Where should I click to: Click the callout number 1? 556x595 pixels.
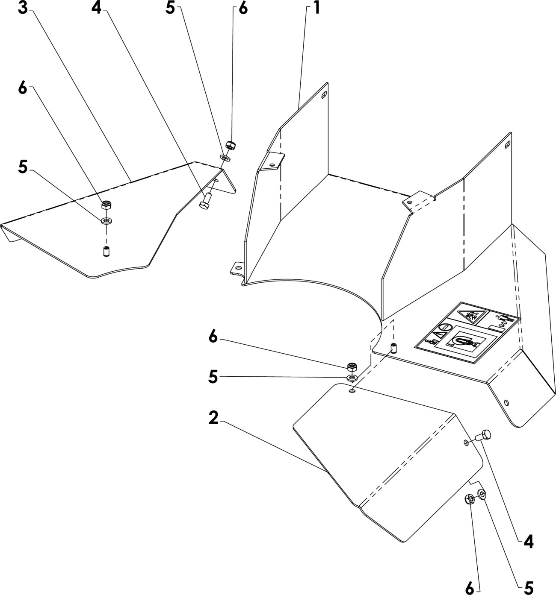point(316,8)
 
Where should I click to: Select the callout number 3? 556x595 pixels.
point(23,8)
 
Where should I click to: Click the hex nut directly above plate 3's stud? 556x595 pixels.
point(105,205)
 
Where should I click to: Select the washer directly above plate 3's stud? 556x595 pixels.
point(105,221)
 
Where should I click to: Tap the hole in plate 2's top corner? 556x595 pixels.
point(352,391)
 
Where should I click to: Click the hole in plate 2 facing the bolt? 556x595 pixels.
point(466,443)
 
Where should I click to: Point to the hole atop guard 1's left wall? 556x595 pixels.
point(324,95)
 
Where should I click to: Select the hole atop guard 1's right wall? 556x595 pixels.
point(507,144)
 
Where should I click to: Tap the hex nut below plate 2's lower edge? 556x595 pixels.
point(469,498)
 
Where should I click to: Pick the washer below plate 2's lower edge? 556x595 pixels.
point(482,495)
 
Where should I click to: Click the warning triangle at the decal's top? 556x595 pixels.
point(471,316)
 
